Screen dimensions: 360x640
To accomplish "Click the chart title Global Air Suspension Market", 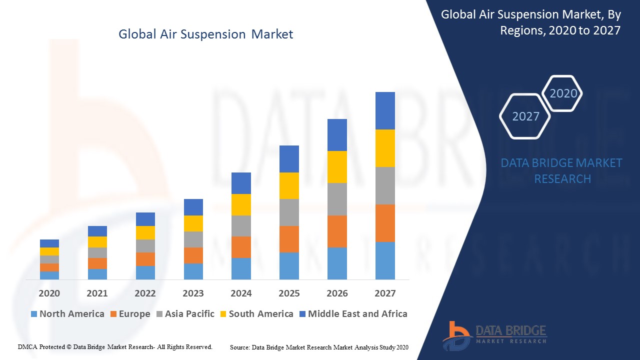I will [205, 34].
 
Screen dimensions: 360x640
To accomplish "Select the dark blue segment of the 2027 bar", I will [385, 110].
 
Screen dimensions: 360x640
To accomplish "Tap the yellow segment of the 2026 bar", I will [337, 167].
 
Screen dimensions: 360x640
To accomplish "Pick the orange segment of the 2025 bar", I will [289, 239].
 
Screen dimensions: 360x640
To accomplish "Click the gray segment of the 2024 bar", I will [241, 226].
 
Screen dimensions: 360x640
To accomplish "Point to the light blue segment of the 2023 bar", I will [193, 271].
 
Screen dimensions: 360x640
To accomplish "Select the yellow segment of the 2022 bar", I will [145, 232].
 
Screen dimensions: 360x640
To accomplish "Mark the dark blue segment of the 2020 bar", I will [49, 243].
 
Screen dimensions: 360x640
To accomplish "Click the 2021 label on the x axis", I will [97, 293].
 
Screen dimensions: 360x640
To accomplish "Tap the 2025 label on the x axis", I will [289, 293].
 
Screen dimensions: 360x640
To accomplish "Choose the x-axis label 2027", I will [385, 293].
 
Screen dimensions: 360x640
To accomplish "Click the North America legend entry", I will [67, 314].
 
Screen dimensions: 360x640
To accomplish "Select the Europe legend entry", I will [130, 314].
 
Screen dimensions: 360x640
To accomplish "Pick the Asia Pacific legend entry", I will [185, 314].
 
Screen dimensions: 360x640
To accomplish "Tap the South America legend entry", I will [256, 314].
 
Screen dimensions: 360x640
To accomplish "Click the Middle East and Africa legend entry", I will [353, 314].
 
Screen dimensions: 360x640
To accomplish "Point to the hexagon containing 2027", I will [525, 116].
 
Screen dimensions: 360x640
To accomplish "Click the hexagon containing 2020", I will [563, 93].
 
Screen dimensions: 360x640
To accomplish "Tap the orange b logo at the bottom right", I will [456, 335].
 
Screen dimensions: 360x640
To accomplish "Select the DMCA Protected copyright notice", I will [115, 346].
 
